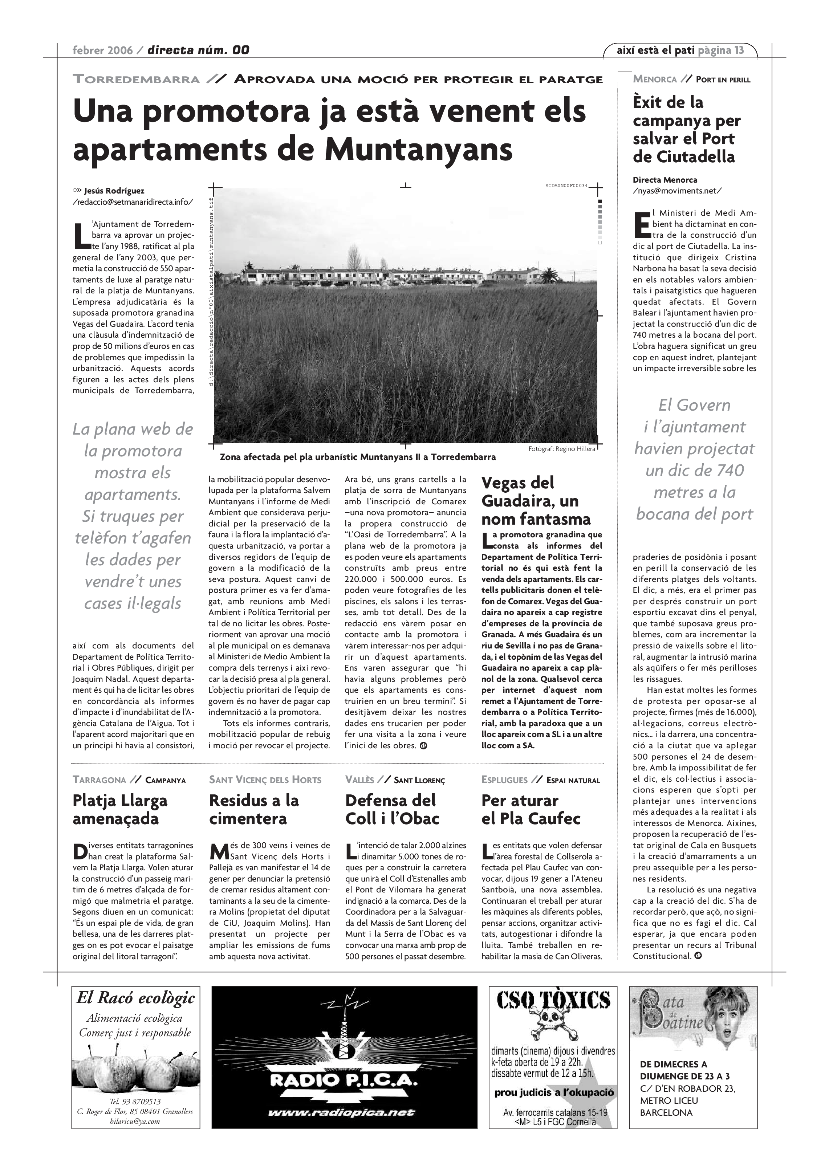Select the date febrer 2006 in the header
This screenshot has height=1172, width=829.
pos(102,50)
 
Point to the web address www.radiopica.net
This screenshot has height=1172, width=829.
pos(341,1113)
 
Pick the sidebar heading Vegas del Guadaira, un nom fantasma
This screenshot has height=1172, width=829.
pos(536,501)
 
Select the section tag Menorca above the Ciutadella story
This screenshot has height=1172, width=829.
pos(654,79)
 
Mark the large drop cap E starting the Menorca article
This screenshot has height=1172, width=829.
pos(641,225)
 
